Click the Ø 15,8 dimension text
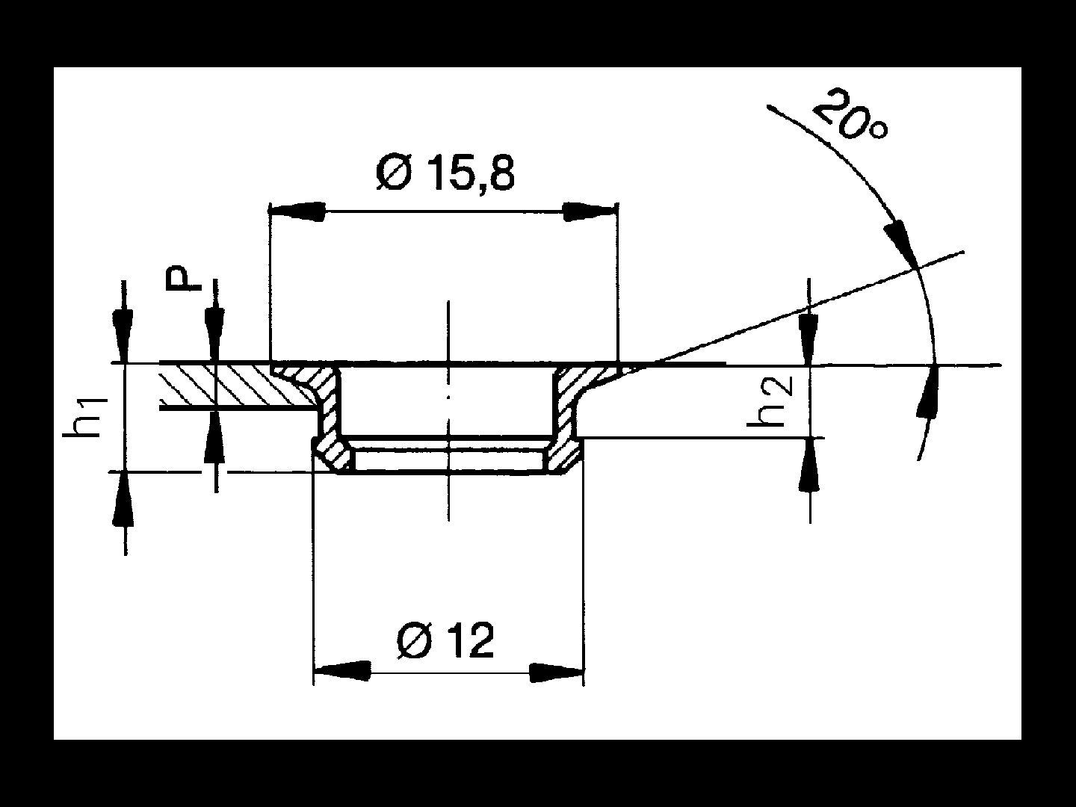[445, 174]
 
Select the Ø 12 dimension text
[445, 641]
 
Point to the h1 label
[84, 417]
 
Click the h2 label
[769, 401]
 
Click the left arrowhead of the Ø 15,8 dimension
[297, 211]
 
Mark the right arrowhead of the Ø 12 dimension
[557, 672]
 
